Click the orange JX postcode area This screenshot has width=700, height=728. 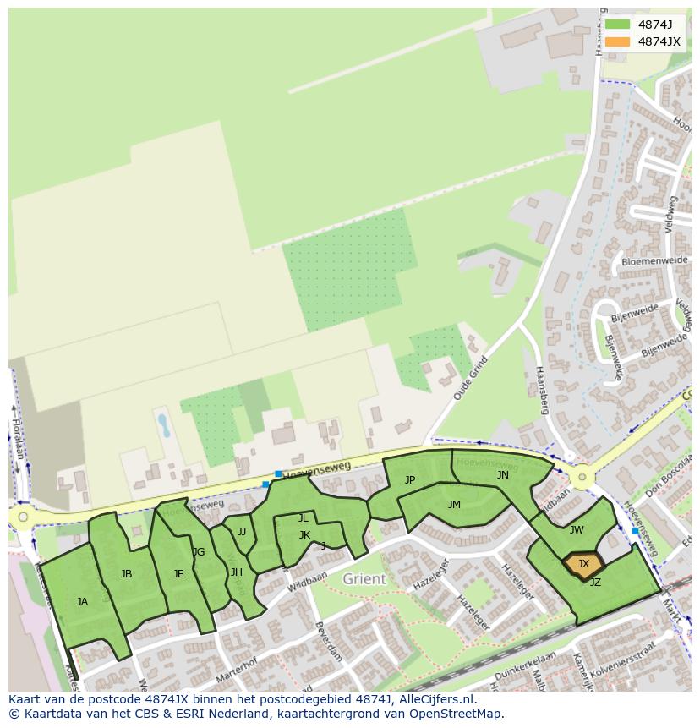tap(583, 565)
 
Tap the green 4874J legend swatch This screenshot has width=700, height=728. tap(617, 25)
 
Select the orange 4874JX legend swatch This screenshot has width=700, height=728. tap(617, 41)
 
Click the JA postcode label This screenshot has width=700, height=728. tap(82, 602)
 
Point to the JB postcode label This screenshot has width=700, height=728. tap(126, 574)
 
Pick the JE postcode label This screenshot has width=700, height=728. tap(178, 574)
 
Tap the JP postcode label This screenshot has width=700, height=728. tap(410, 480)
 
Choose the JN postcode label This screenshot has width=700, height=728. tap(503, 475)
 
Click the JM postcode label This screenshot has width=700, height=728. tap(454, 505)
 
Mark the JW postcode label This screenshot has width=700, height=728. tap(577, 530)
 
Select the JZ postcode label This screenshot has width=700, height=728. tap(595, 583)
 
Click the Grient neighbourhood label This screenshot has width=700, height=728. tap(364, 579)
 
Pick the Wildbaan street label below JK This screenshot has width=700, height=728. tap(305, 584)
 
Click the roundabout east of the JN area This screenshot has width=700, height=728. tap(581, 478)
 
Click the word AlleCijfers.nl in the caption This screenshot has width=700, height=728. tap(434, 700)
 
